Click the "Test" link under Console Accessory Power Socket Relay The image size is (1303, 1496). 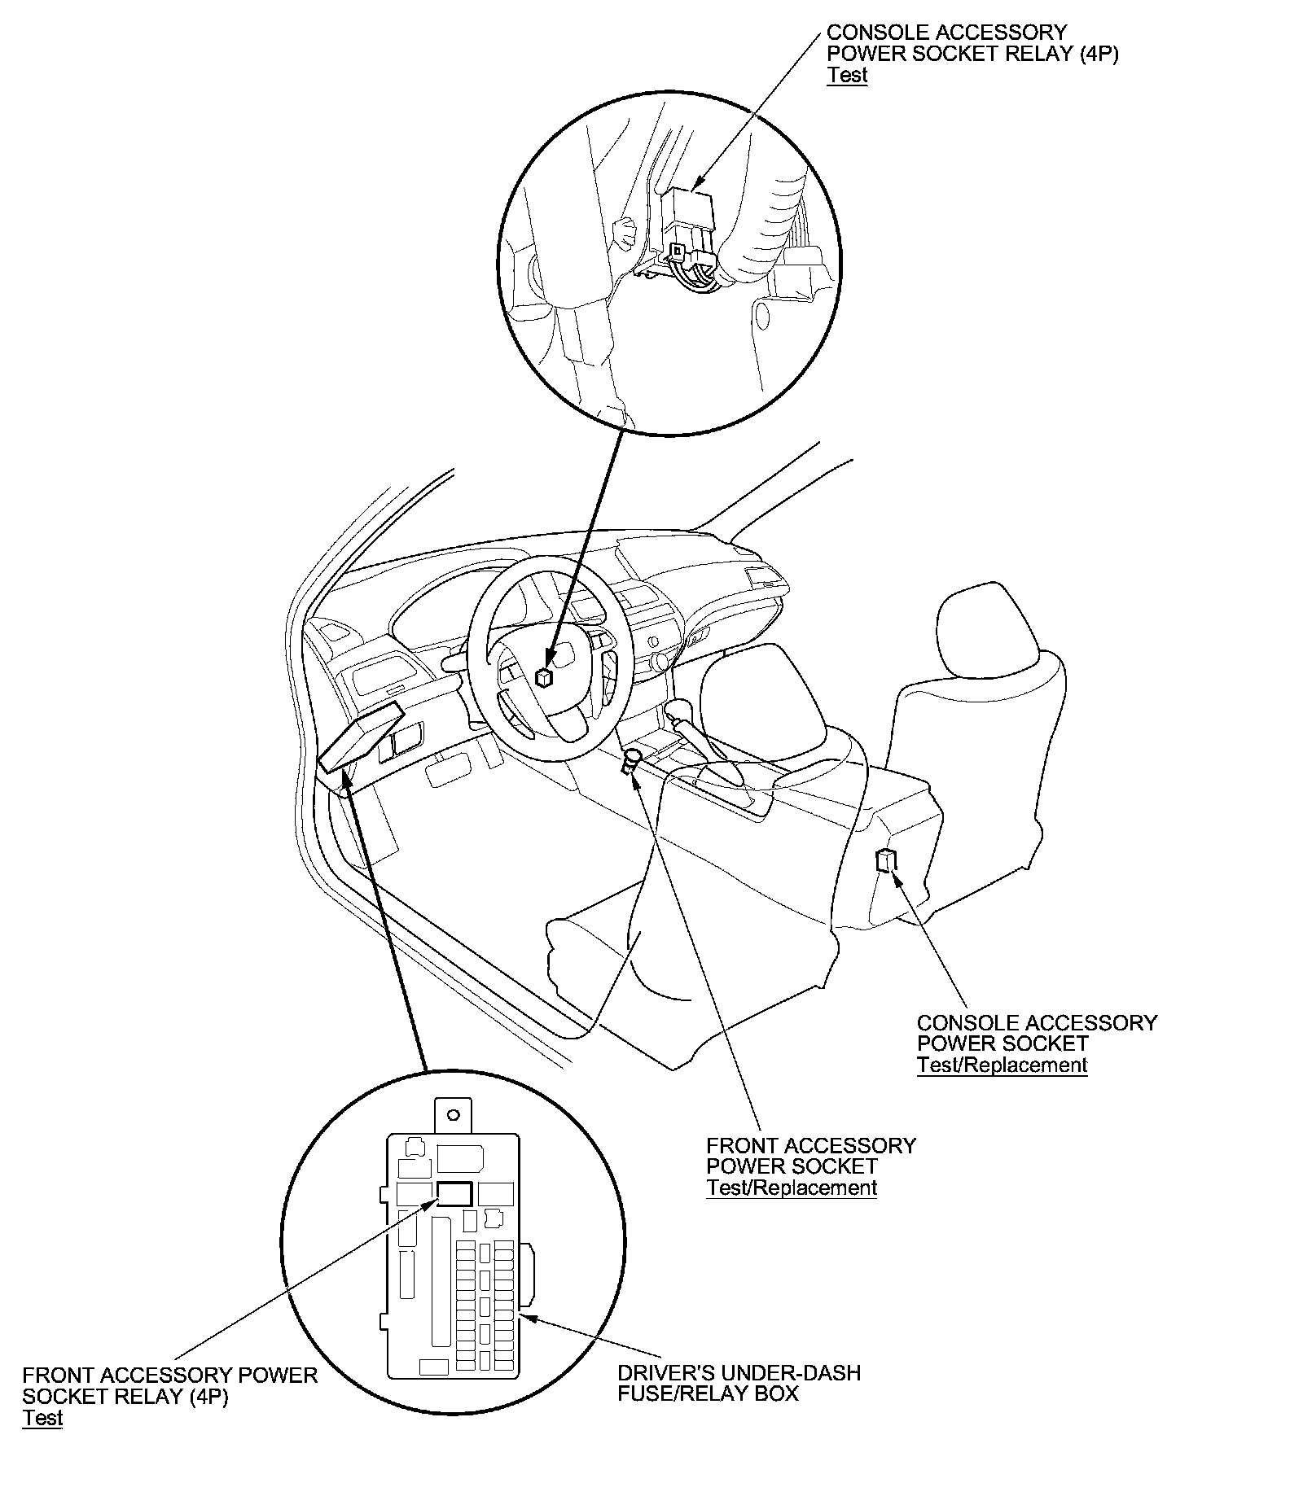coord(847,76)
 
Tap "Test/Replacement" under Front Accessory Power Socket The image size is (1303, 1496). coord(792,1188)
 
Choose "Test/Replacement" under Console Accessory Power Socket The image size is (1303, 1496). coord(1002,1065)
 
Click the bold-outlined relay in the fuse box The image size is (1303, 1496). coord(454,1193)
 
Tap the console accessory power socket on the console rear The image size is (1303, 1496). coord(885,860)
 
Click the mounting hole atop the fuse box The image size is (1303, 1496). coord(454,1115)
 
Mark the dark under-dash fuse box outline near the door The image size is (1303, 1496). coord(361,736)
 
